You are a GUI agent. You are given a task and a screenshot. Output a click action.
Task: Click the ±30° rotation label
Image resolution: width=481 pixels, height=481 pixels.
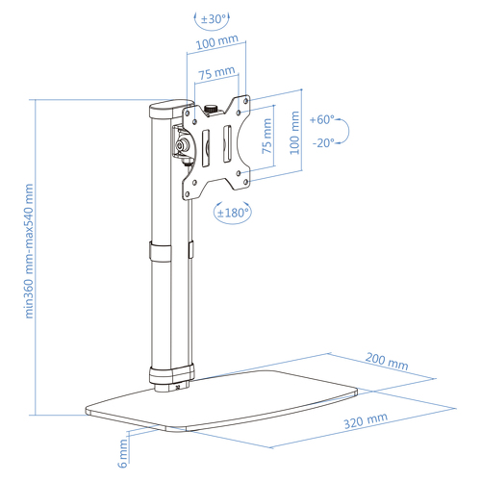point(214,19)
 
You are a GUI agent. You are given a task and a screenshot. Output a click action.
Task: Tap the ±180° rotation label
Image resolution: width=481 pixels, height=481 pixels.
point(233,213)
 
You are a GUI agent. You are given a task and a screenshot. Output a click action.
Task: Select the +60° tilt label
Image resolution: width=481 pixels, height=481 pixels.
point(322,120)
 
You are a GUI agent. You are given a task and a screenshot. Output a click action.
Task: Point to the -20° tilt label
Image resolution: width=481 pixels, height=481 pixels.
point(323,143)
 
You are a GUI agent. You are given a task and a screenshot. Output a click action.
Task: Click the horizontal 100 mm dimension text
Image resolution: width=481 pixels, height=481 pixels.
point(217,42)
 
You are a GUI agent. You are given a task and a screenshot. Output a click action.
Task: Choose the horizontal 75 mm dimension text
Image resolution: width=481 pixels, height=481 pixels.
point(216,72)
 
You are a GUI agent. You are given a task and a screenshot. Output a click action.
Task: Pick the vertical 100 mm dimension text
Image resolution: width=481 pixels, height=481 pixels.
point(294,133)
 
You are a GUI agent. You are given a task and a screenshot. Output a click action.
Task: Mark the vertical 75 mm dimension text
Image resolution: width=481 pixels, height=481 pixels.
point(266,136)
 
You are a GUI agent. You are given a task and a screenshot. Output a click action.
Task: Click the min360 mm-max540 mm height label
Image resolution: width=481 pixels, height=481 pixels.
point(29,251)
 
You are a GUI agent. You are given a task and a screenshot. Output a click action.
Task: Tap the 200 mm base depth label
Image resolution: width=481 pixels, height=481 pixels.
point(387,362)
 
